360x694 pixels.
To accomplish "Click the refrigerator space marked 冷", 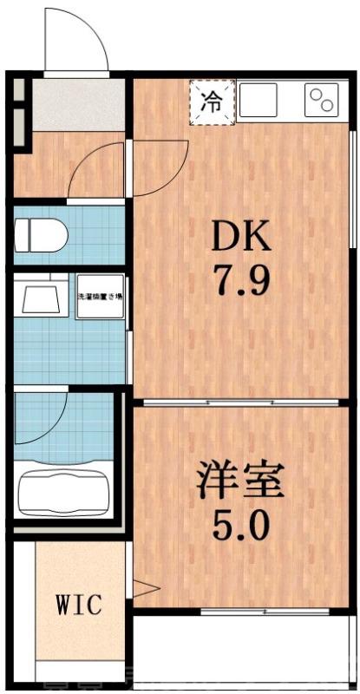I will [x=212, y=101].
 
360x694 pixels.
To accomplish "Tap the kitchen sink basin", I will [x=259, y=101].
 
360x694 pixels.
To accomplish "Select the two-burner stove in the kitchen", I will [x=322, y=101].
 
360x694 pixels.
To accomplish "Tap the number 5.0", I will [x=239, y=524].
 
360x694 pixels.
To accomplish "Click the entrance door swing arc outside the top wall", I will [x=83, y=39].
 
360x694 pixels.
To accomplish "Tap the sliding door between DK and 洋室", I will [x=241, y=403].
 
